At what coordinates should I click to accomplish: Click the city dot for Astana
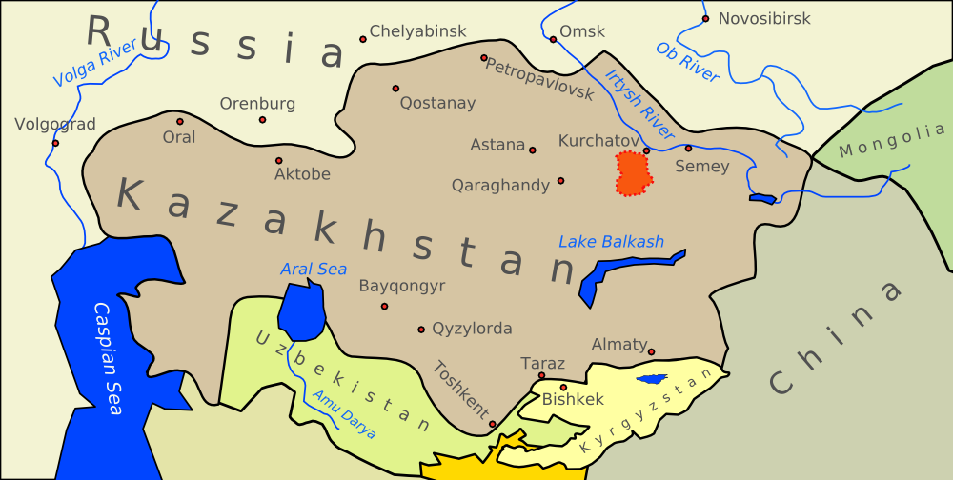(x=533, y=150)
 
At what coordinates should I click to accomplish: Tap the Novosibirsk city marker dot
(x=705, y=19)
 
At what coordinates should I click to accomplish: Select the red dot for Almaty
(x=652, y=352)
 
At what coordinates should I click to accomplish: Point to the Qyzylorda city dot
(x=421, y=330)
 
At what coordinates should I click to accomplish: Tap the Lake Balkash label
(x=611, y=242)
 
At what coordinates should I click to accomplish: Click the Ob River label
(x=687, y=62)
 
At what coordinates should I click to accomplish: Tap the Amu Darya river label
(x=344, y=415)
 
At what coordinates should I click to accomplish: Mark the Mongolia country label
(x=892, y=143)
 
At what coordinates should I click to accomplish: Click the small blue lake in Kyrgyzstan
(x=653, y=379)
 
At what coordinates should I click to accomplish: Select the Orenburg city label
(x=258, y=104)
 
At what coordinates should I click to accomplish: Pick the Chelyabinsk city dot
(x=363, y=39)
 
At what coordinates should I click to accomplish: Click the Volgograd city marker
(x=55, y=143)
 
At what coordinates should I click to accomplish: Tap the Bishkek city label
(x=573, y=400)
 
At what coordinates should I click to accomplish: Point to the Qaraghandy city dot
(x=560, y=180)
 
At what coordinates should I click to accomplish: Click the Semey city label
(x=701, y=167)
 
